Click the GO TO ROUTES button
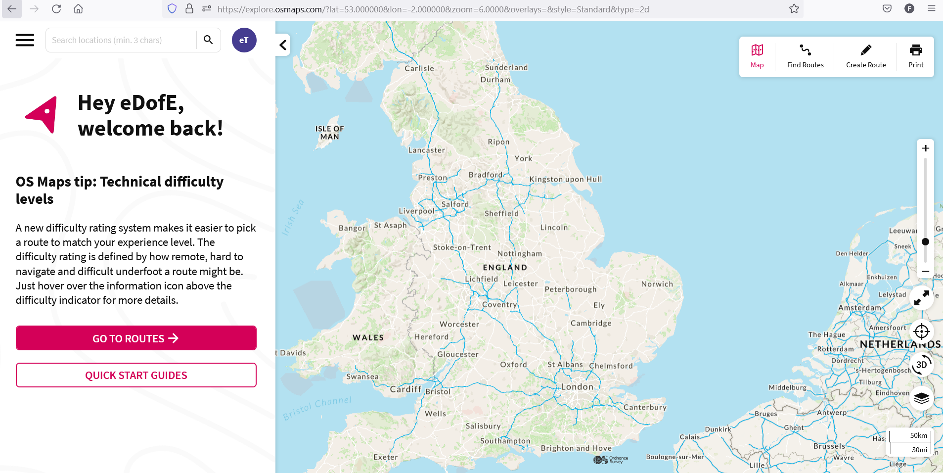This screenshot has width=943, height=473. tap(136, 338)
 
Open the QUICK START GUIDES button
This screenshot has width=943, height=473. tap(136, 376)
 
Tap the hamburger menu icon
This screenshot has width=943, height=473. tap(25, 40)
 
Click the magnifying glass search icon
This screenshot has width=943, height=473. tap(208, 40)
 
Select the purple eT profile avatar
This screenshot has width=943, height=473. tap(244, 40)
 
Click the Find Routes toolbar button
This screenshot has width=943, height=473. tap(805, 56)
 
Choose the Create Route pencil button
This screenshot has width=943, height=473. tap(865, 56)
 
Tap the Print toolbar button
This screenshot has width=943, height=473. tap(916, 56)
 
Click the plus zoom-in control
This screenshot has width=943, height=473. tap(925, 148)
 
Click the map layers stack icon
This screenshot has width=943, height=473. tap(921, 398)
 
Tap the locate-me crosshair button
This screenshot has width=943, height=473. tap(921, 331)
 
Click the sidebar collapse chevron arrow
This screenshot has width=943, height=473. tap(283, 45)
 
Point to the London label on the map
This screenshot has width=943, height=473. tap(577, 387)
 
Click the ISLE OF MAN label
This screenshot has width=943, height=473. tap(330, 133)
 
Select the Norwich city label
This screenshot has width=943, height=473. tap(657, 284)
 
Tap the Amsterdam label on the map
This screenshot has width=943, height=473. tap(859, 308)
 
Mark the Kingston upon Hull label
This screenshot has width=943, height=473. tap(566, 179)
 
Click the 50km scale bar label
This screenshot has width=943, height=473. tap(918, 435)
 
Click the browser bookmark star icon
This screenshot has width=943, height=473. tap(794, 9)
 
